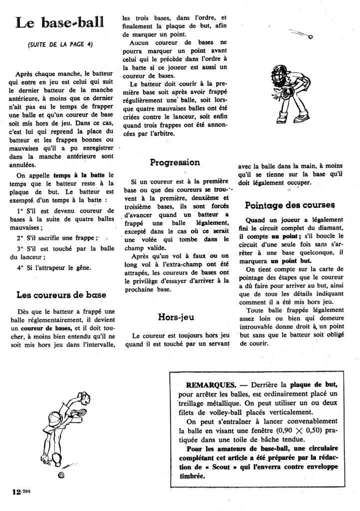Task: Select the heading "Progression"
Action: (175, 162)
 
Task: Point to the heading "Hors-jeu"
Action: (176, 316)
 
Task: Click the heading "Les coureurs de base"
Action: (61, 295)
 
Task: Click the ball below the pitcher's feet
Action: (61, 475)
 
